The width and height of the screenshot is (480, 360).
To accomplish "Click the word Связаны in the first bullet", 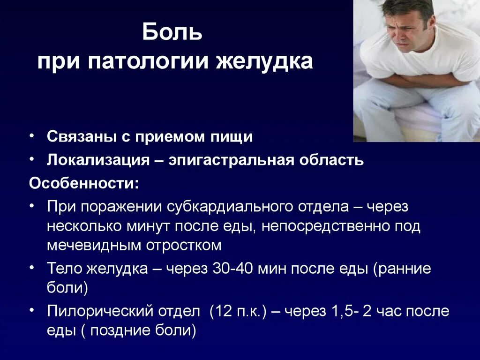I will pos(77,136).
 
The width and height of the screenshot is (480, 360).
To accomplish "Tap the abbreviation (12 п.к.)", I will pos(239,311).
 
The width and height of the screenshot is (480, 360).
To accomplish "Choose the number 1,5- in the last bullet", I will pos(344,311).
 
